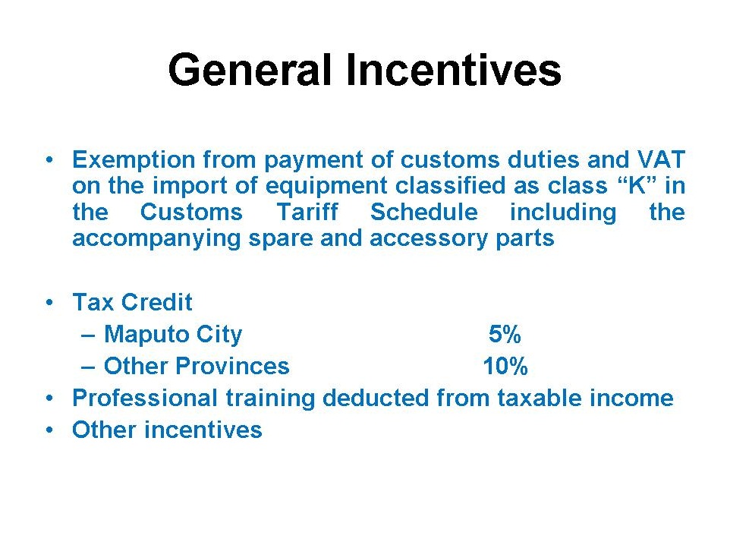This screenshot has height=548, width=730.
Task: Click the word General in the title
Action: click(250, 70)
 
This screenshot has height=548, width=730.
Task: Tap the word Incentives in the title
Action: click(454, 70)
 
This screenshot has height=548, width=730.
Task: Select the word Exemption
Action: click(134, 160)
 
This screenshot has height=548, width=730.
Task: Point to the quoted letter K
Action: click(636, 185)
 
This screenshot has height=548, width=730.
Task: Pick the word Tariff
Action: click(307, 212)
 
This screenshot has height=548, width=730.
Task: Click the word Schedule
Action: click(424, 212)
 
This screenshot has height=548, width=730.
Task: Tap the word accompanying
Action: click(156, 239)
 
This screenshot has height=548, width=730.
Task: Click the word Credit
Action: click(156, 302)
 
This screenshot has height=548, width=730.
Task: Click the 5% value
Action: click(505, 334)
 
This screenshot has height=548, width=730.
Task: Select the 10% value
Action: click(505, 367)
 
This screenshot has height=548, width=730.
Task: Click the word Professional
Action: click(145, 398)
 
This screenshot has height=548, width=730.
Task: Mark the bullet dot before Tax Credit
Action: click(50, 303)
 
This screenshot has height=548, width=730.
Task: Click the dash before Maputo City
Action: click(88, 335)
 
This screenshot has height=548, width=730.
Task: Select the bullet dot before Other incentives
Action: click(50, 430)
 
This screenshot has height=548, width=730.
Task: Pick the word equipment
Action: click(326, 186)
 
